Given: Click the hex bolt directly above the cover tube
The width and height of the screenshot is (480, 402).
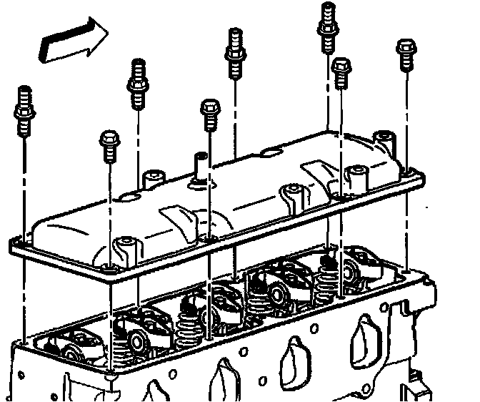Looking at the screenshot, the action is [209, 114].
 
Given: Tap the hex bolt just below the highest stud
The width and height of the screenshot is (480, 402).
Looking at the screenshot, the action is [341, 74].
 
